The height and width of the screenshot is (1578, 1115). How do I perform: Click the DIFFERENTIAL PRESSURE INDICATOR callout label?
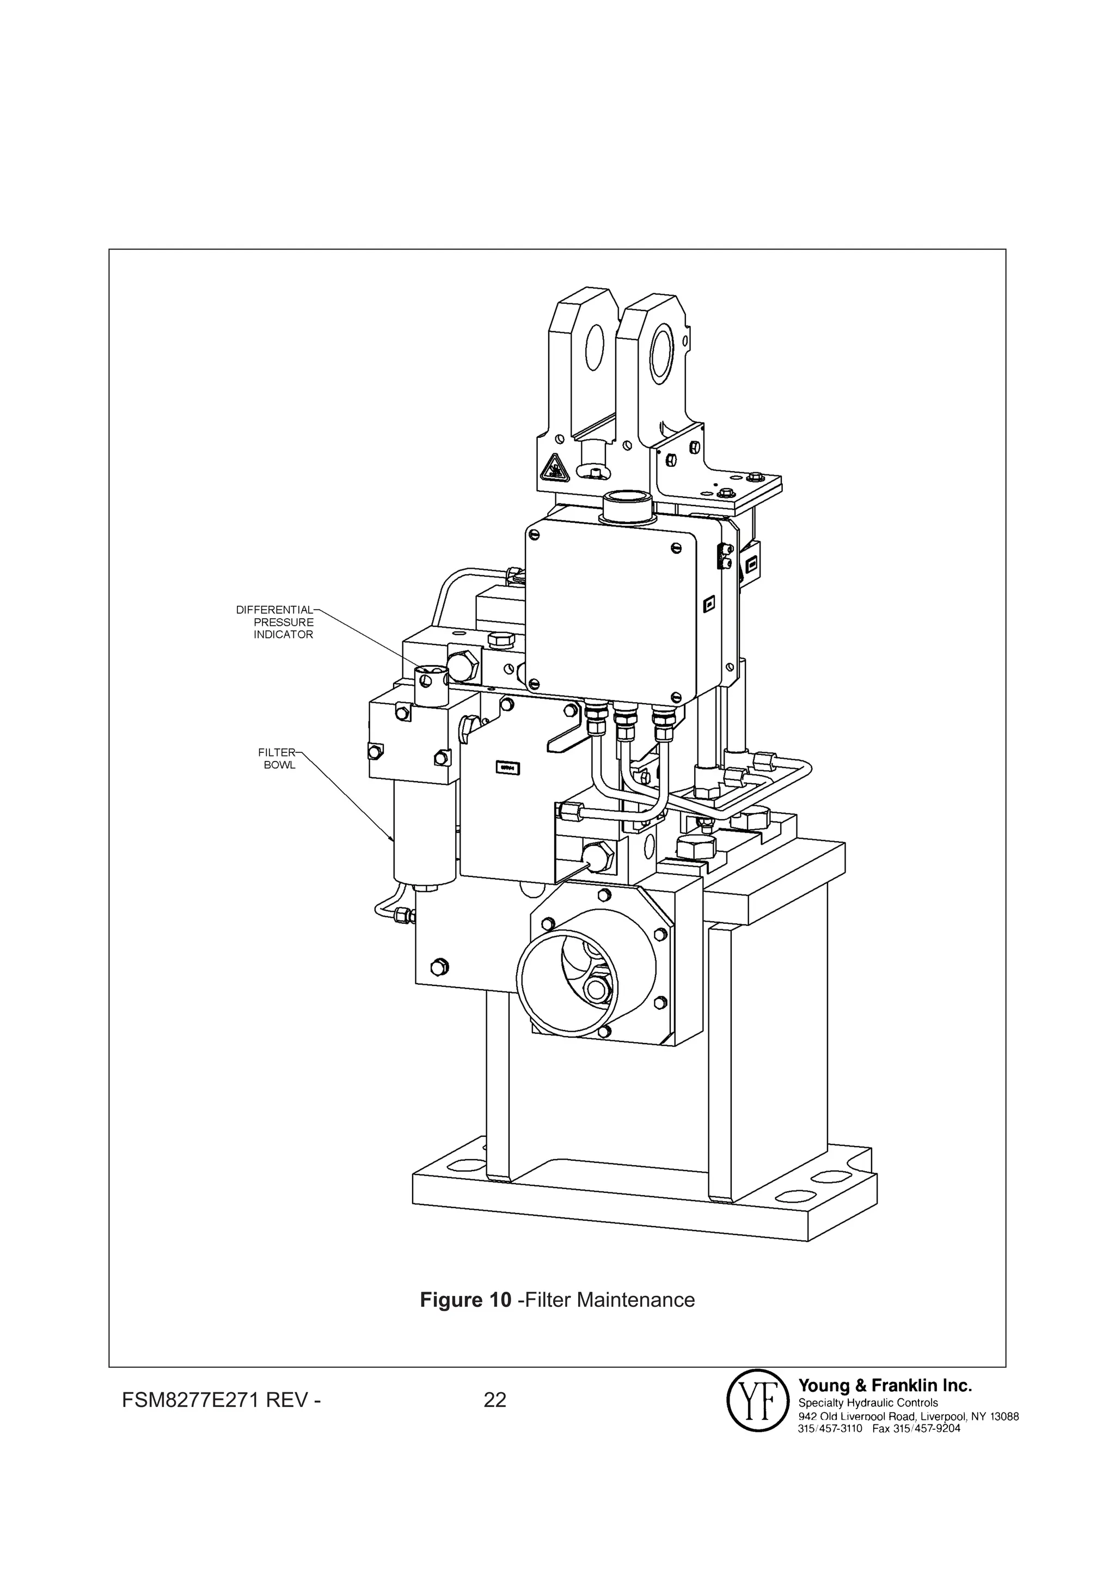click(275, 622)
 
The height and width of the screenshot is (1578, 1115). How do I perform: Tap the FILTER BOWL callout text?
click(279, 758)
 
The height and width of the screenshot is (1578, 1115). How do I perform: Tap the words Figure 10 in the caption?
click(465, 1300)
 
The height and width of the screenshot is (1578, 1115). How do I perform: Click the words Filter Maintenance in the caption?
click(611, 1300)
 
